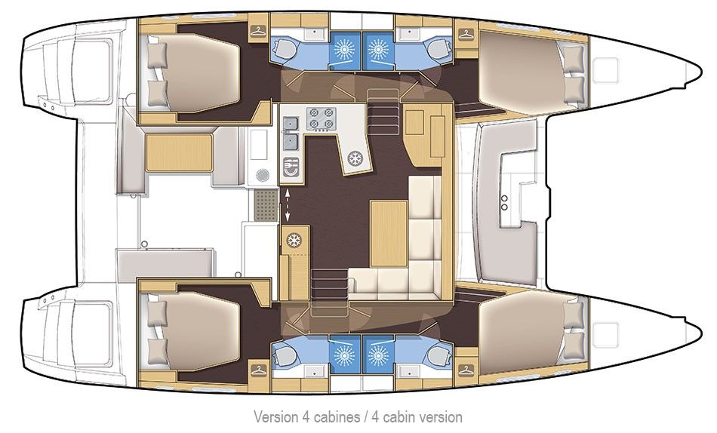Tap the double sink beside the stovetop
pos(291,142)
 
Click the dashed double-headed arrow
pos(288,205)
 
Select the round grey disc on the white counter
pos(262,175)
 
